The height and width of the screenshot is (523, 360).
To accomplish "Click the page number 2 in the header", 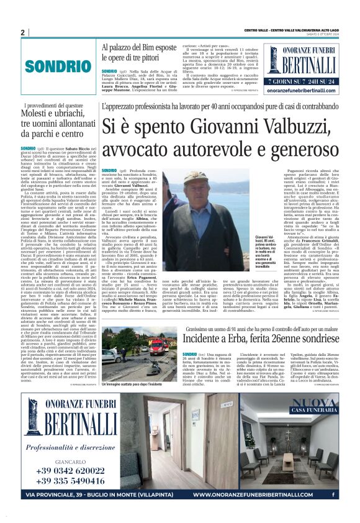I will tap(22, 32).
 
